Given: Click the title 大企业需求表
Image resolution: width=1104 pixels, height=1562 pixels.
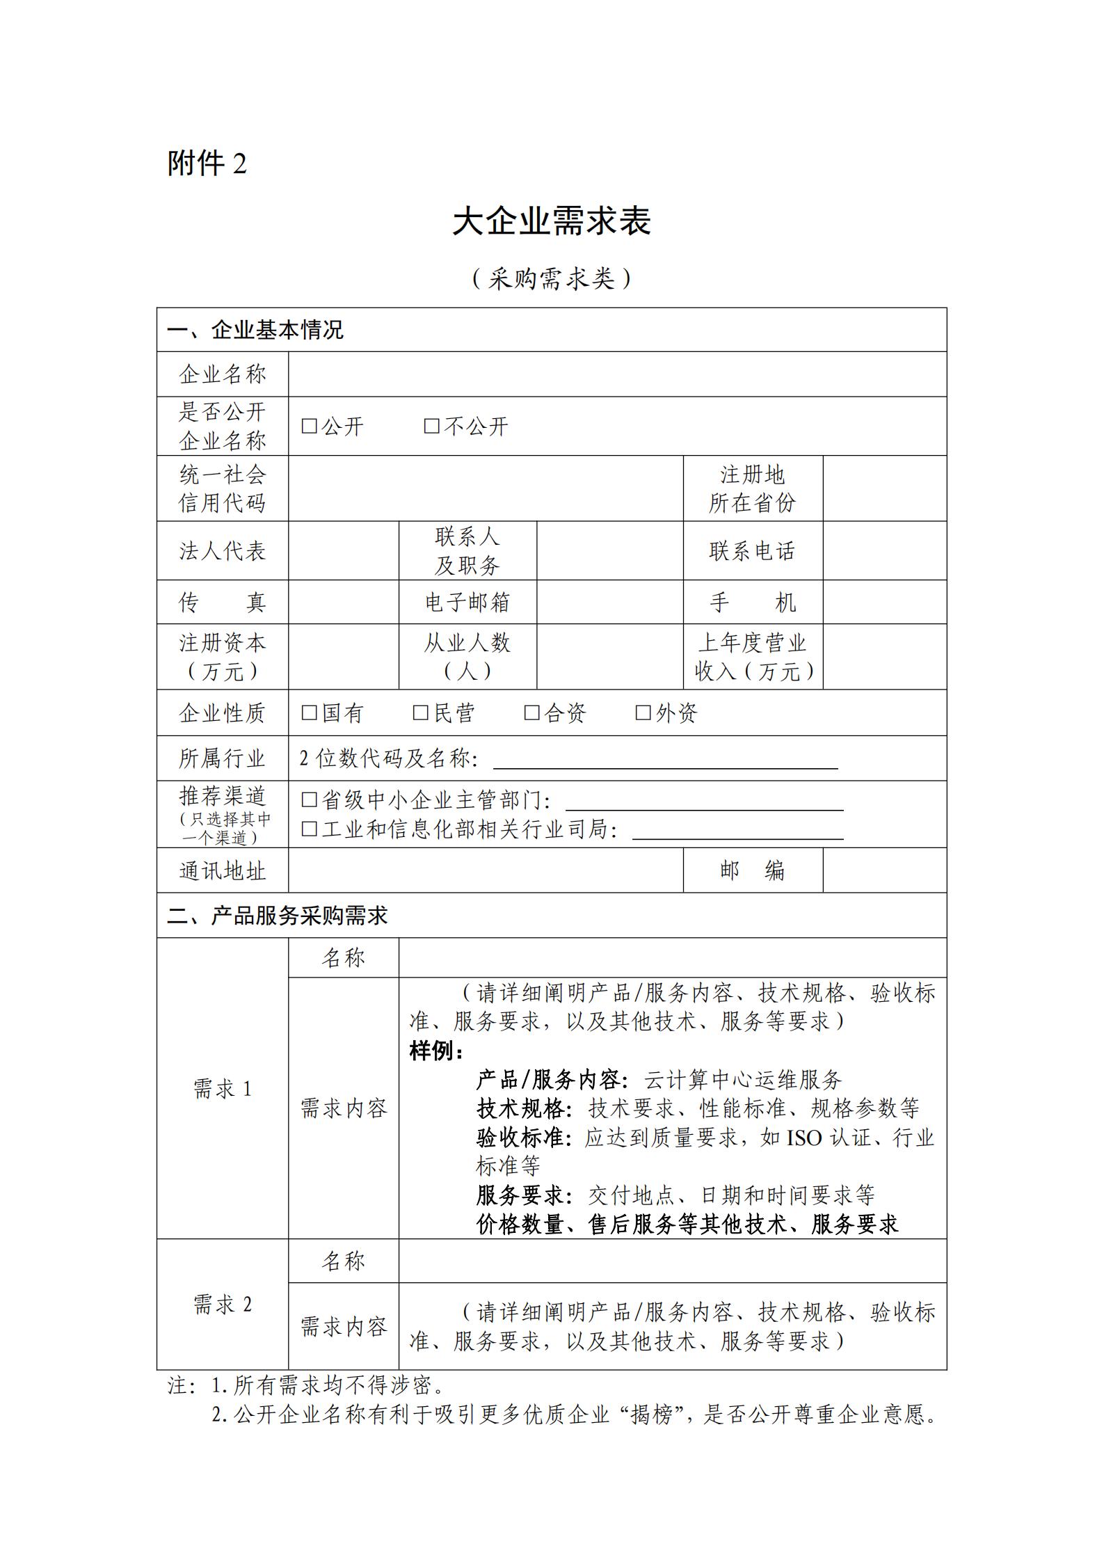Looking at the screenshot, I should tap(552, 221).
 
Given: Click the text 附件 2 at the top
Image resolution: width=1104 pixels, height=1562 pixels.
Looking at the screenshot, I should tap(207, 164).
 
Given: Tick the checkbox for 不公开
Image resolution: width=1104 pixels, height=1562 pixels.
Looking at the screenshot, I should tap(431, 426).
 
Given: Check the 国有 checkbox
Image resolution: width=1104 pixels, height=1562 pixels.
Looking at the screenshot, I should tap(309, 712).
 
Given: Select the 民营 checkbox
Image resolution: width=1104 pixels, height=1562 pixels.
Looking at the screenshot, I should tap(420, 712).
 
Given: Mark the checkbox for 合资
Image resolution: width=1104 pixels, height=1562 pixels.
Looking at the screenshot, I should tap(531, 712).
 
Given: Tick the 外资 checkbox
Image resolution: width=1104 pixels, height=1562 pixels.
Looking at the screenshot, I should tap(643, 712).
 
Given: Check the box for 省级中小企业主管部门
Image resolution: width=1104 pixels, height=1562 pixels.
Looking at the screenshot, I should tap(309, 800).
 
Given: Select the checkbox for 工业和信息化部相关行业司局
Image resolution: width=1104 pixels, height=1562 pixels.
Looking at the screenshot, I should tap(309, 829).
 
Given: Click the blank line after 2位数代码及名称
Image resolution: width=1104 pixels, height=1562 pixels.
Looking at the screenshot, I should tap(665, 760).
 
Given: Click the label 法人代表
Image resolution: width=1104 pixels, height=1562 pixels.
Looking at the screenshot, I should tap(223, 551).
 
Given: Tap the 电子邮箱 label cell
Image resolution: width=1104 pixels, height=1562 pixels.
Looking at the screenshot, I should tap(467, 603).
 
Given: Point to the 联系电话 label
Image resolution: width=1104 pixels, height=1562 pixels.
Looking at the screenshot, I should tap(752, 551).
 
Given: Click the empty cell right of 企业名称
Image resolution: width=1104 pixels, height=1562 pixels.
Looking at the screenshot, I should tap(617, 374).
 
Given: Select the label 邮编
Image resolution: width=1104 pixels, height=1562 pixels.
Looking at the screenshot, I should tap(752, 870).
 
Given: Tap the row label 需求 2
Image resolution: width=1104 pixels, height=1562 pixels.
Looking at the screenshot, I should tap(223, 1304).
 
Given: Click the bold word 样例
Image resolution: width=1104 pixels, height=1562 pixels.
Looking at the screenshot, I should tap(436, 1051).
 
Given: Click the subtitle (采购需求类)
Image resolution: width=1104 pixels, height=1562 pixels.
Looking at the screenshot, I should tap(552, 279).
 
